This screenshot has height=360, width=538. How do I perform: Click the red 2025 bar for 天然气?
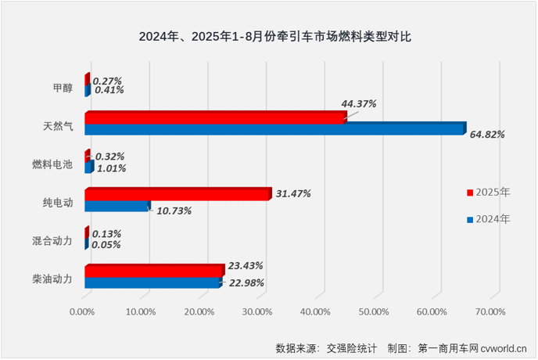215,117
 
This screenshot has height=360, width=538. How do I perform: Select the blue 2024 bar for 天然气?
274,129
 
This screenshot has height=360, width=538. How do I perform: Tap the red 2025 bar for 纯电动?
178,194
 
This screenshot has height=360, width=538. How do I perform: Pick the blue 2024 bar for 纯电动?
117,206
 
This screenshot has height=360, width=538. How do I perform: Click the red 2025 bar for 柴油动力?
154,271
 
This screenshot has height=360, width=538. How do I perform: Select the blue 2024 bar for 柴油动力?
152,283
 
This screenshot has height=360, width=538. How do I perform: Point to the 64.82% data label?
487,135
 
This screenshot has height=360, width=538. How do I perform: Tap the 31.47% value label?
294,193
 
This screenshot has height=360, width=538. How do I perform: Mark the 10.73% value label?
173,211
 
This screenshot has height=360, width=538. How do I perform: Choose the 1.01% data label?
110,167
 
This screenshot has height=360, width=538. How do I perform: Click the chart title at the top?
268,35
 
